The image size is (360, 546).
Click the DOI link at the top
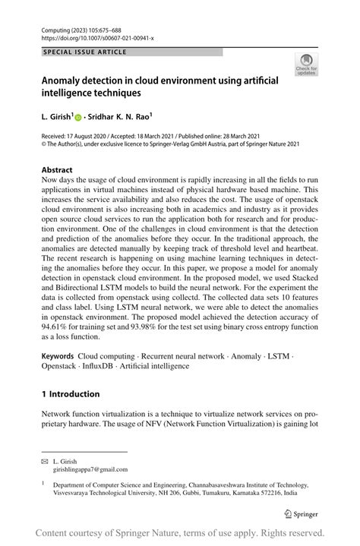tap(89, 36)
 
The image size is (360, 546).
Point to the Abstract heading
tap(57, 170)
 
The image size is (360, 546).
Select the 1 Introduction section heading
tap(71, 393)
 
